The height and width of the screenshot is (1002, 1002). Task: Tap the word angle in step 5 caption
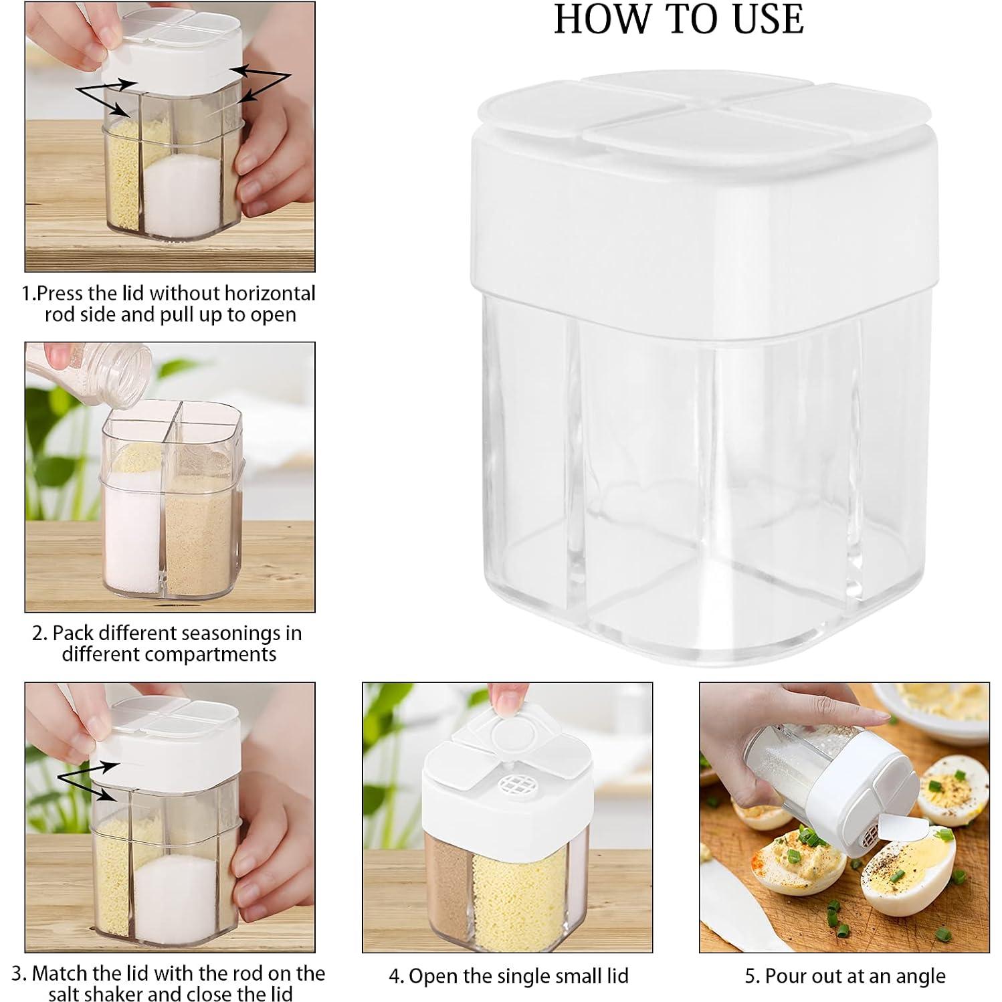click(x=919, y=977)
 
